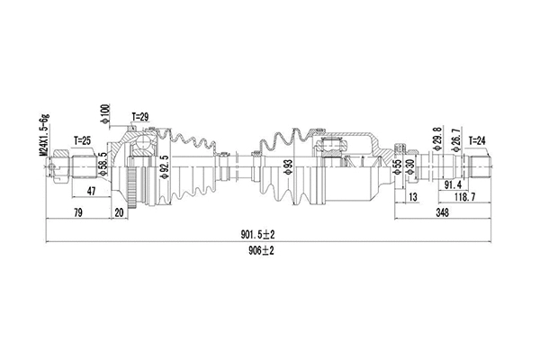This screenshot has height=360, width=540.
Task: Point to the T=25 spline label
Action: (83, 141)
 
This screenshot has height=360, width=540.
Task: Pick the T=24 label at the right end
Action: (479, 141)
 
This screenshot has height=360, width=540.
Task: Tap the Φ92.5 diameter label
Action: (165, 169)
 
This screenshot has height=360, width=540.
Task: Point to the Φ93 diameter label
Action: (288, 169)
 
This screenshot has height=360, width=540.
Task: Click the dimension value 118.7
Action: (464, 197)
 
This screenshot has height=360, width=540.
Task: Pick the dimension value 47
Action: (91, 192)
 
